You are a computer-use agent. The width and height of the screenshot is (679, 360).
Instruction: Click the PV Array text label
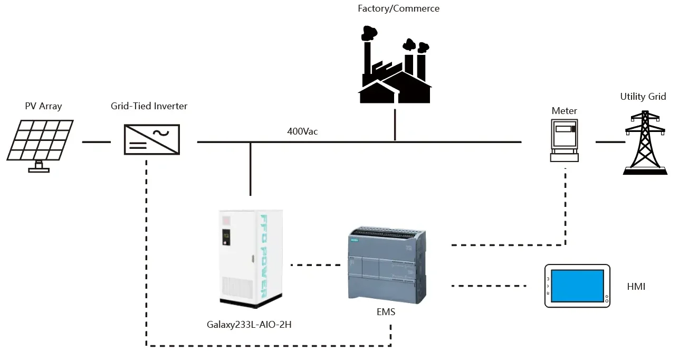point(43,106)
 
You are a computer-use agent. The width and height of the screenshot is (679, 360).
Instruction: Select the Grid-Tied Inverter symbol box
point(151,139)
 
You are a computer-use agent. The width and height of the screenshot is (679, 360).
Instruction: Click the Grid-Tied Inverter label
point(149,106)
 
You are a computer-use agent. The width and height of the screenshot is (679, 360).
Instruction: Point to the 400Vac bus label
point(302,131)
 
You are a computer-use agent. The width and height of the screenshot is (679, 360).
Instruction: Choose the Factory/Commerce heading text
point(398,8)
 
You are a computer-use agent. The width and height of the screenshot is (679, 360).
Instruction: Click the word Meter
point(564,111)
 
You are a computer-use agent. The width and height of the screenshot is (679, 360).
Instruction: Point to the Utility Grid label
point(643,97)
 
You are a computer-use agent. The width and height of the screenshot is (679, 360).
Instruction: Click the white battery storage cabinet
point(251,258)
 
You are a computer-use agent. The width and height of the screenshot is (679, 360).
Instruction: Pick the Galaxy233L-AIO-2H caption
point(249,325)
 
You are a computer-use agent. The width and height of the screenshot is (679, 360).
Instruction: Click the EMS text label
point(386,312)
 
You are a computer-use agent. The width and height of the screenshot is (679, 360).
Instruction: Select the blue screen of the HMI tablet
point(577,286)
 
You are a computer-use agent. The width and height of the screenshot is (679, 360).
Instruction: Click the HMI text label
point(636,287)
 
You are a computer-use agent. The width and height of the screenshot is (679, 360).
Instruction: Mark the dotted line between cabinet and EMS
point(315,264)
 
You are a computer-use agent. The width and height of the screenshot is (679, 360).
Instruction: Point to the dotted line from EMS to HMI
point(489,286)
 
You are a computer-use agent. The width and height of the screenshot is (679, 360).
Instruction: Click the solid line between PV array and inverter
point(96,141)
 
